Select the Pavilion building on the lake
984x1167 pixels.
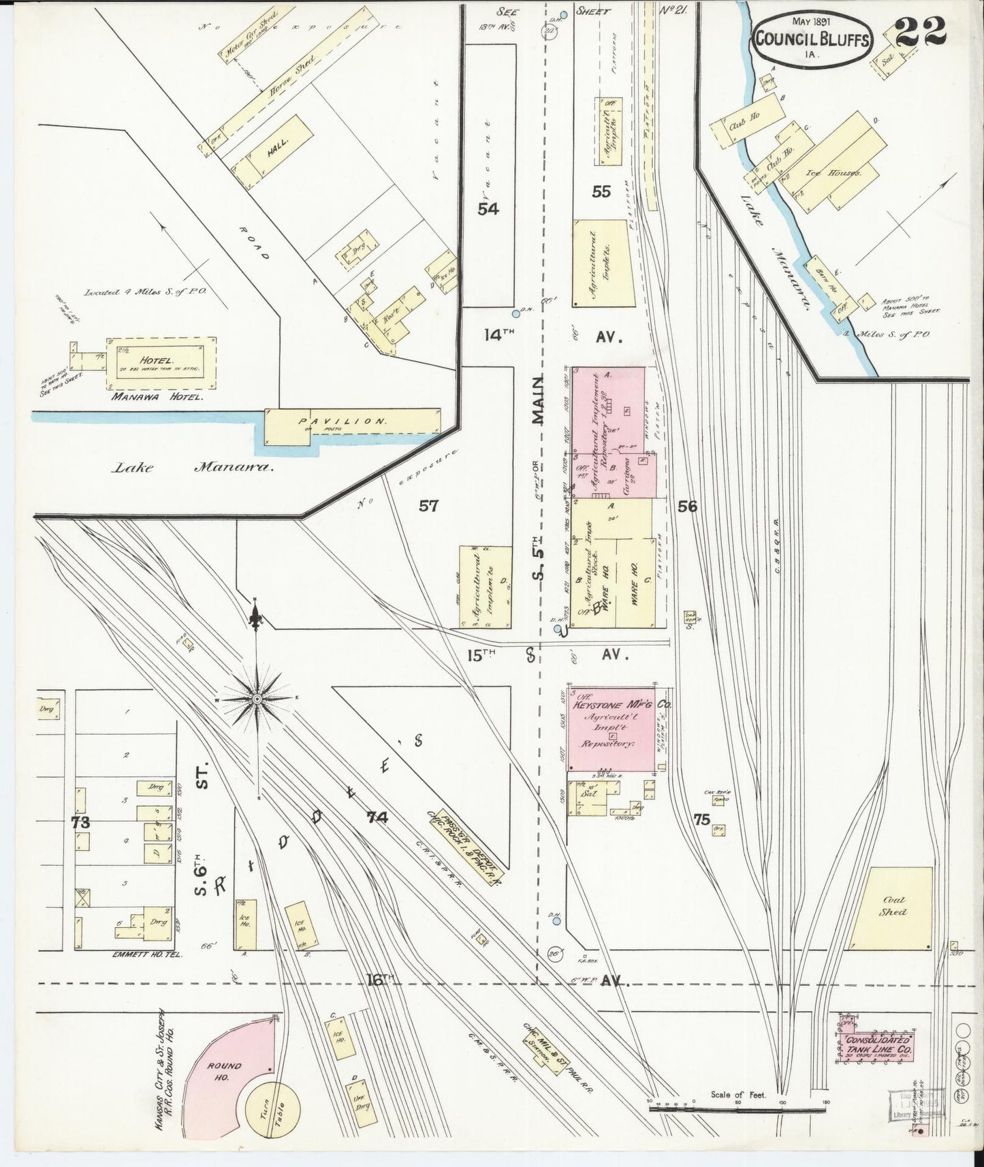351,422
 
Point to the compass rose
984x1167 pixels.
257,699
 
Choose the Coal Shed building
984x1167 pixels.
891,907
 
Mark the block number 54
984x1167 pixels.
488,208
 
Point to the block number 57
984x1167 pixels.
428,506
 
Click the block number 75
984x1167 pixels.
701,820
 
